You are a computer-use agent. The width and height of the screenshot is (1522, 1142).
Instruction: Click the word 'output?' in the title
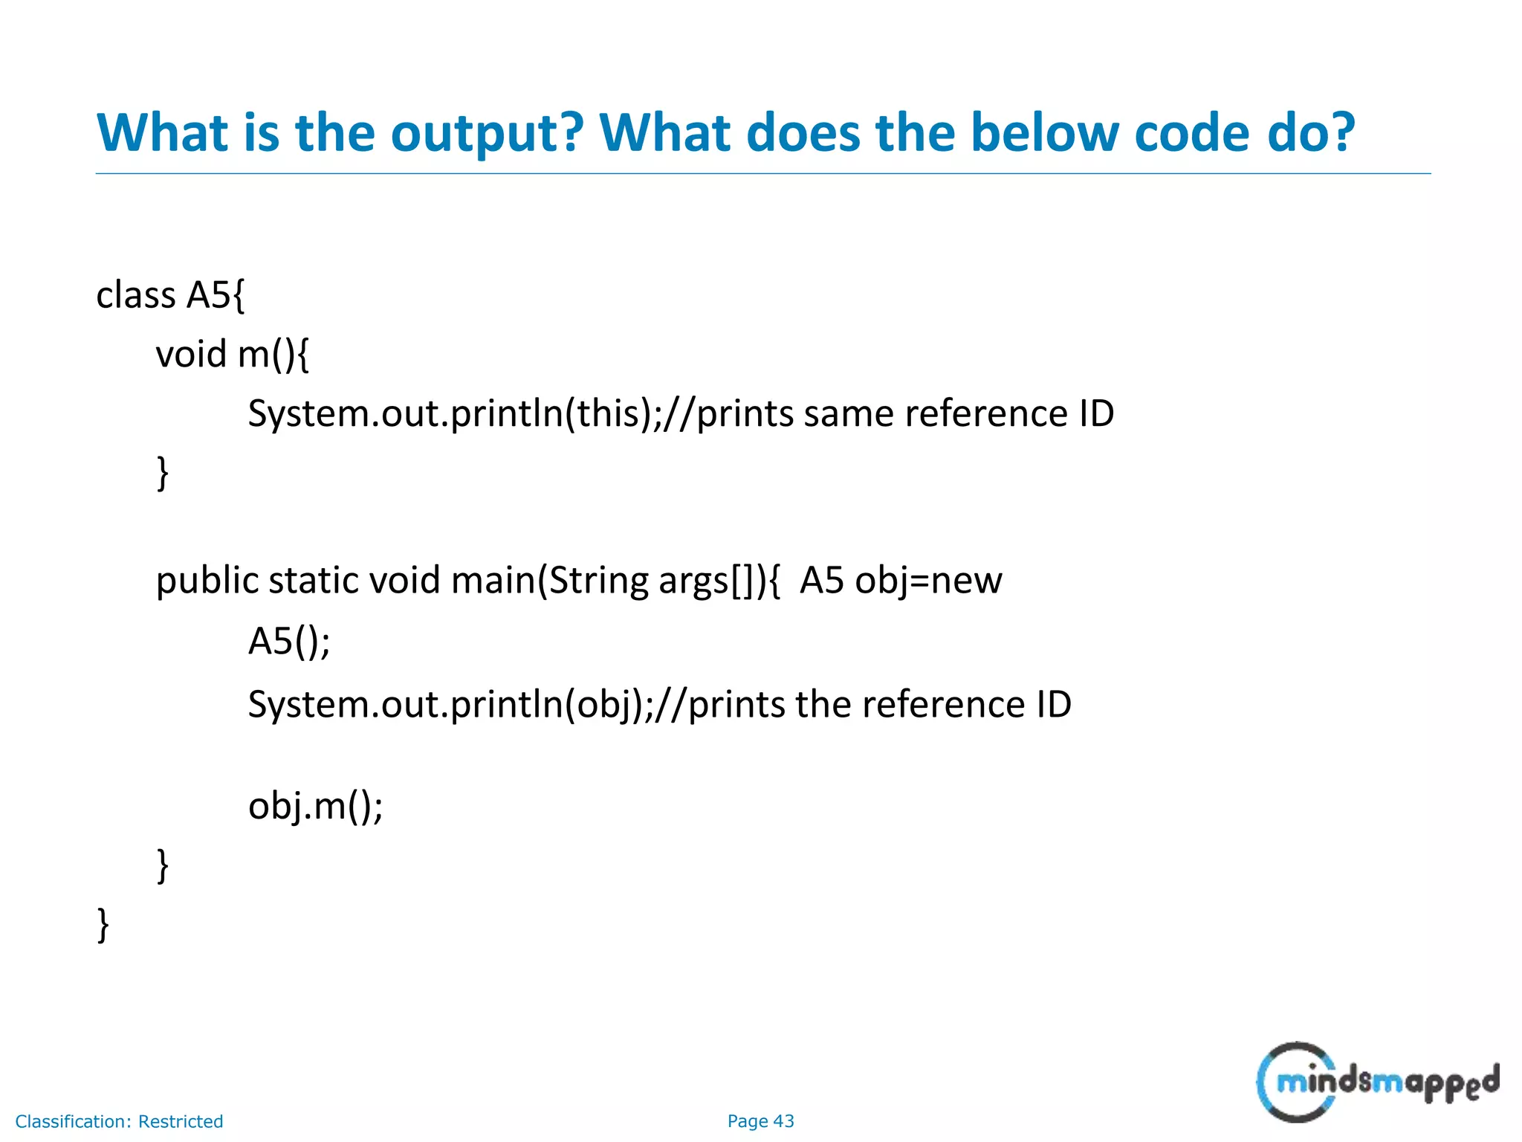tap(488, 134)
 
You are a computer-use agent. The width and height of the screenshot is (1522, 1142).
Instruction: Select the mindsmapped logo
tap(1376, 1082)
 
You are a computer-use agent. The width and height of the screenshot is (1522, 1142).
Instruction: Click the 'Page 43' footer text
tap(760, 1121)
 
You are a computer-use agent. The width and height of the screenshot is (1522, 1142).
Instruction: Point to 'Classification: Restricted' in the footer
tap(119, 1121)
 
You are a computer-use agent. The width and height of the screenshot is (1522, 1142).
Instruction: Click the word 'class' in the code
tap(136, 295)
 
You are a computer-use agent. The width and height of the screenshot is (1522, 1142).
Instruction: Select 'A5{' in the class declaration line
tap(216, 295)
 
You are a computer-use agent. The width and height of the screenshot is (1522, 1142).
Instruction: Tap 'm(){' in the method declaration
tap(273, 354)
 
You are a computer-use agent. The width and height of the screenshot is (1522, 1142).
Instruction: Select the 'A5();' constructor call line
tap(289, 641)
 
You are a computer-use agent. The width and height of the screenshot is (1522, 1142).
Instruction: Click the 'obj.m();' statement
tap(315, 806)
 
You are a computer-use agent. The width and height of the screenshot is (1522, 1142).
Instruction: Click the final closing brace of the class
tap(103, 926)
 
